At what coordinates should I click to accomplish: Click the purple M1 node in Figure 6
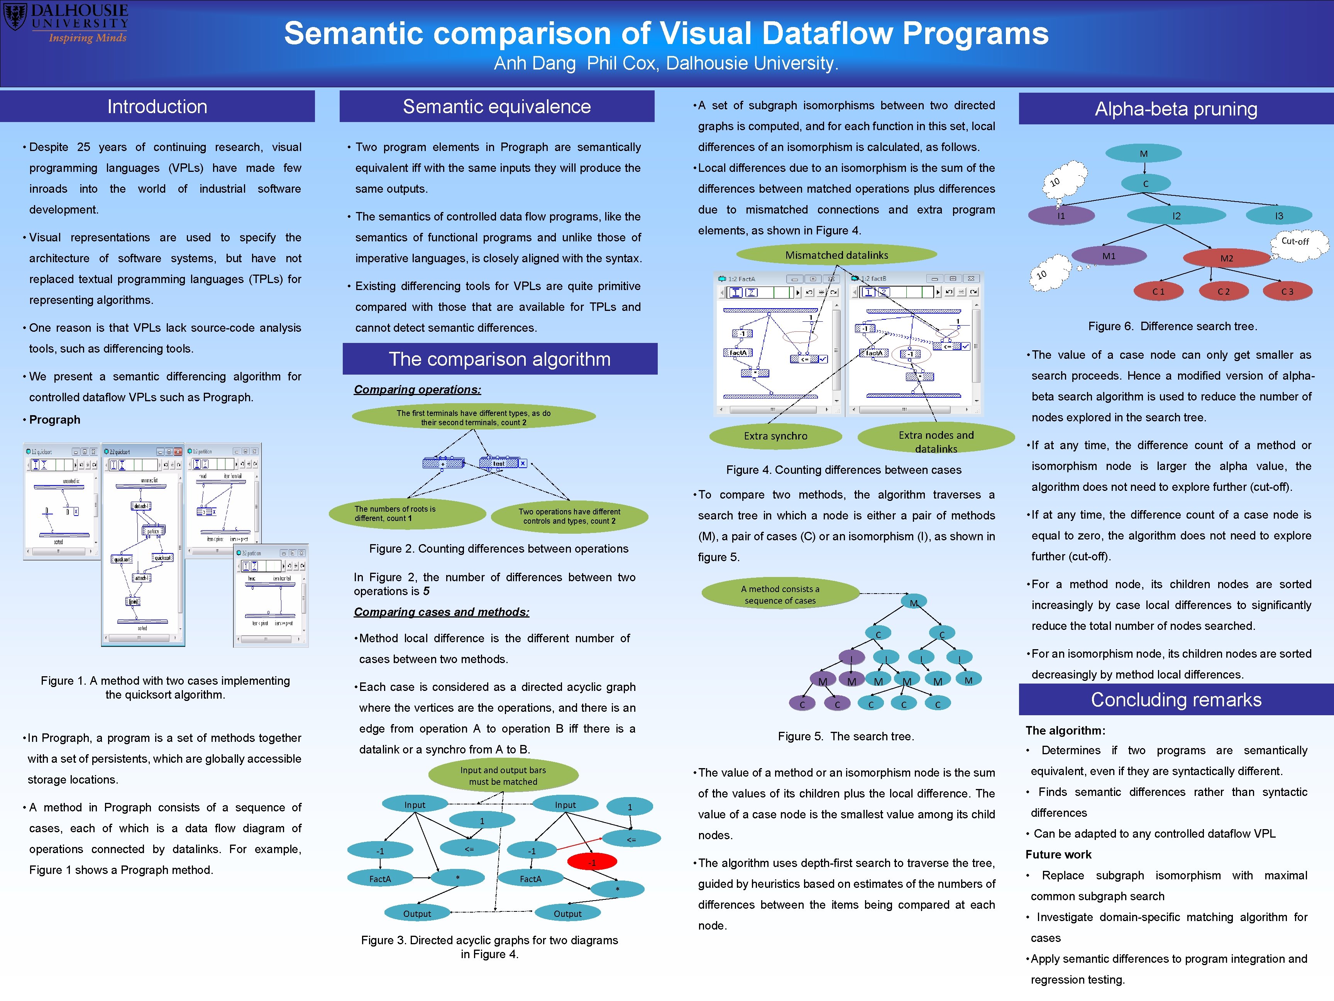(1109, 256)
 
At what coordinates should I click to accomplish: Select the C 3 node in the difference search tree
(1287, 292)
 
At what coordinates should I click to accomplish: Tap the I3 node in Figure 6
(1278, 215)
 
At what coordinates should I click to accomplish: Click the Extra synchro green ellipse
(775, 436)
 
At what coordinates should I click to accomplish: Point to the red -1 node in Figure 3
(592, 862)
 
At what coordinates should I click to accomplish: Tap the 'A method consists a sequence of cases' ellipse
(780, 594)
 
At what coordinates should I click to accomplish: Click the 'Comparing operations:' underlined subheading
(417, 390)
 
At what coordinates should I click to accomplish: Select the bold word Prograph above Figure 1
(55, 420)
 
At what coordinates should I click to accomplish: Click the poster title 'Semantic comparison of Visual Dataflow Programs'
(666, 33)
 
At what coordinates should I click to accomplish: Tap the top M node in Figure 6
(1143, 153)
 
